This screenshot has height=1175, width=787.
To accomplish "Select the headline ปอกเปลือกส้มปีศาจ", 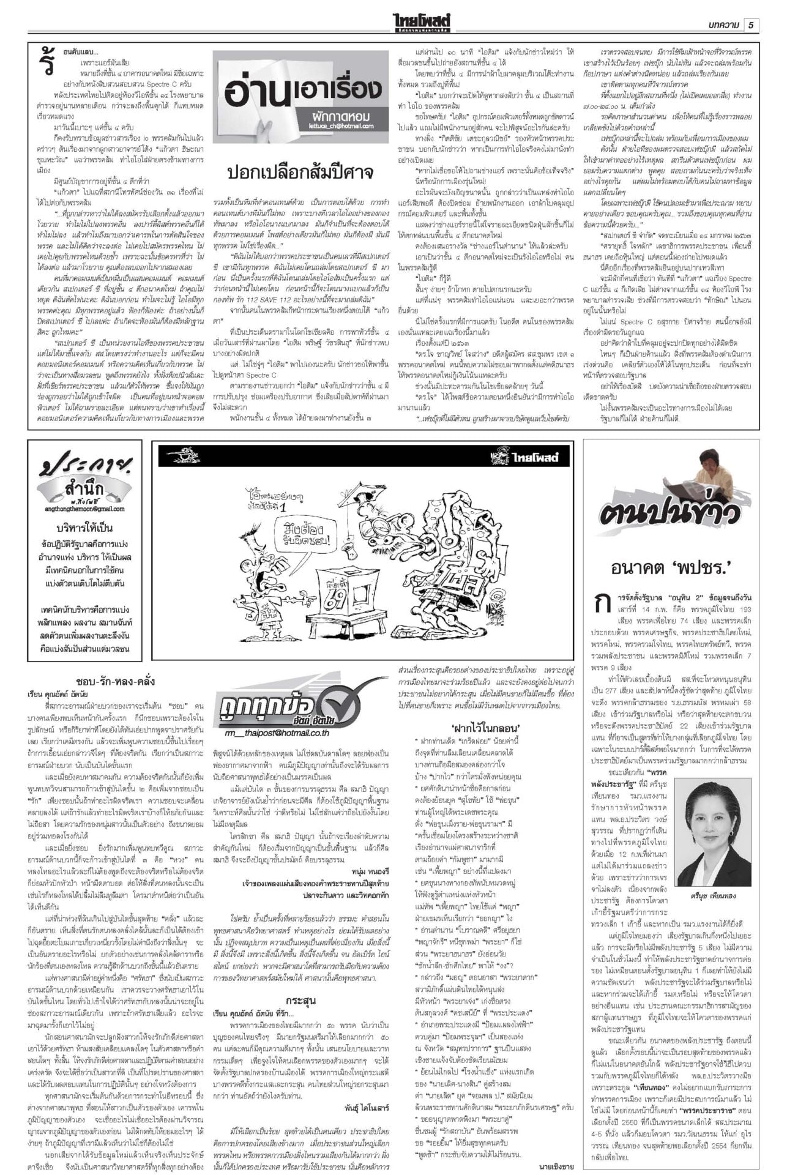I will (300, 171).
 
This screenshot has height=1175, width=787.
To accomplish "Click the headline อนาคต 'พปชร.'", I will (671, 568).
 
